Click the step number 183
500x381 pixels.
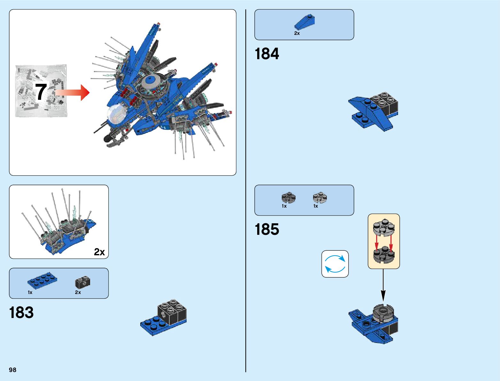pos(21,313)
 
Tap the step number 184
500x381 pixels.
pos(267,54)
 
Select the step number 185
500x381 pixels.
pos(267,229)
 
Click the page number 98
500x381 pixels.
pos(12,370)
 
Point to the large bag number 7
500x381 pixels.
pos(41,92)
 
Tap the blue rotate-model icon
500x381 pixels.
pos(335,264)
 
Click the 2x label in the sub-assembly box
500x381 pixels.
pos(99,252)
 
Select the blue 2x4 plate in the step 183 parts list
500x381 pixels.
pos(42,280)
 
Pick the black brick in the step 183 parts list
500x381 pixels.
pos(82,282)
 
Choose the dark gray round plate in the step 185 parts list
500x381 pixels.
pos(288,198)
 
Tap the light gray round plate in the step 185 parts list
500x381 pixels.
pos(320,198)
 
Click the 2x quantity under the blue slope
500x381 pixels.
pos(297,33)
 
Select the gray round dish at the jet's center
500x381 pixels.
pos(153,81)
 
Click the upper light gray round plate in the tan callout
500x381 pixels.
pos(384,227)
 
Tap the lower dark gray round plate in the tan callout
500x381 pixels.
pos(384,255)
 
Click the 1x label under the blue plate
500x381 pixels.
pos(30,292)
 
